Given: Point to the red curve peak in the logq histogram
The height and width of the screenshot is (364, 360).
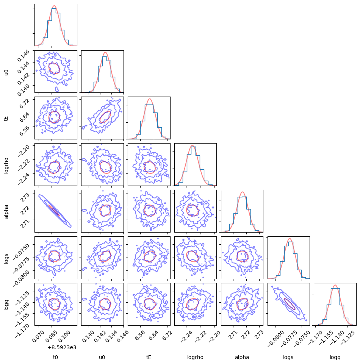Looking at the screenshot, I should coord(335,285).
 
